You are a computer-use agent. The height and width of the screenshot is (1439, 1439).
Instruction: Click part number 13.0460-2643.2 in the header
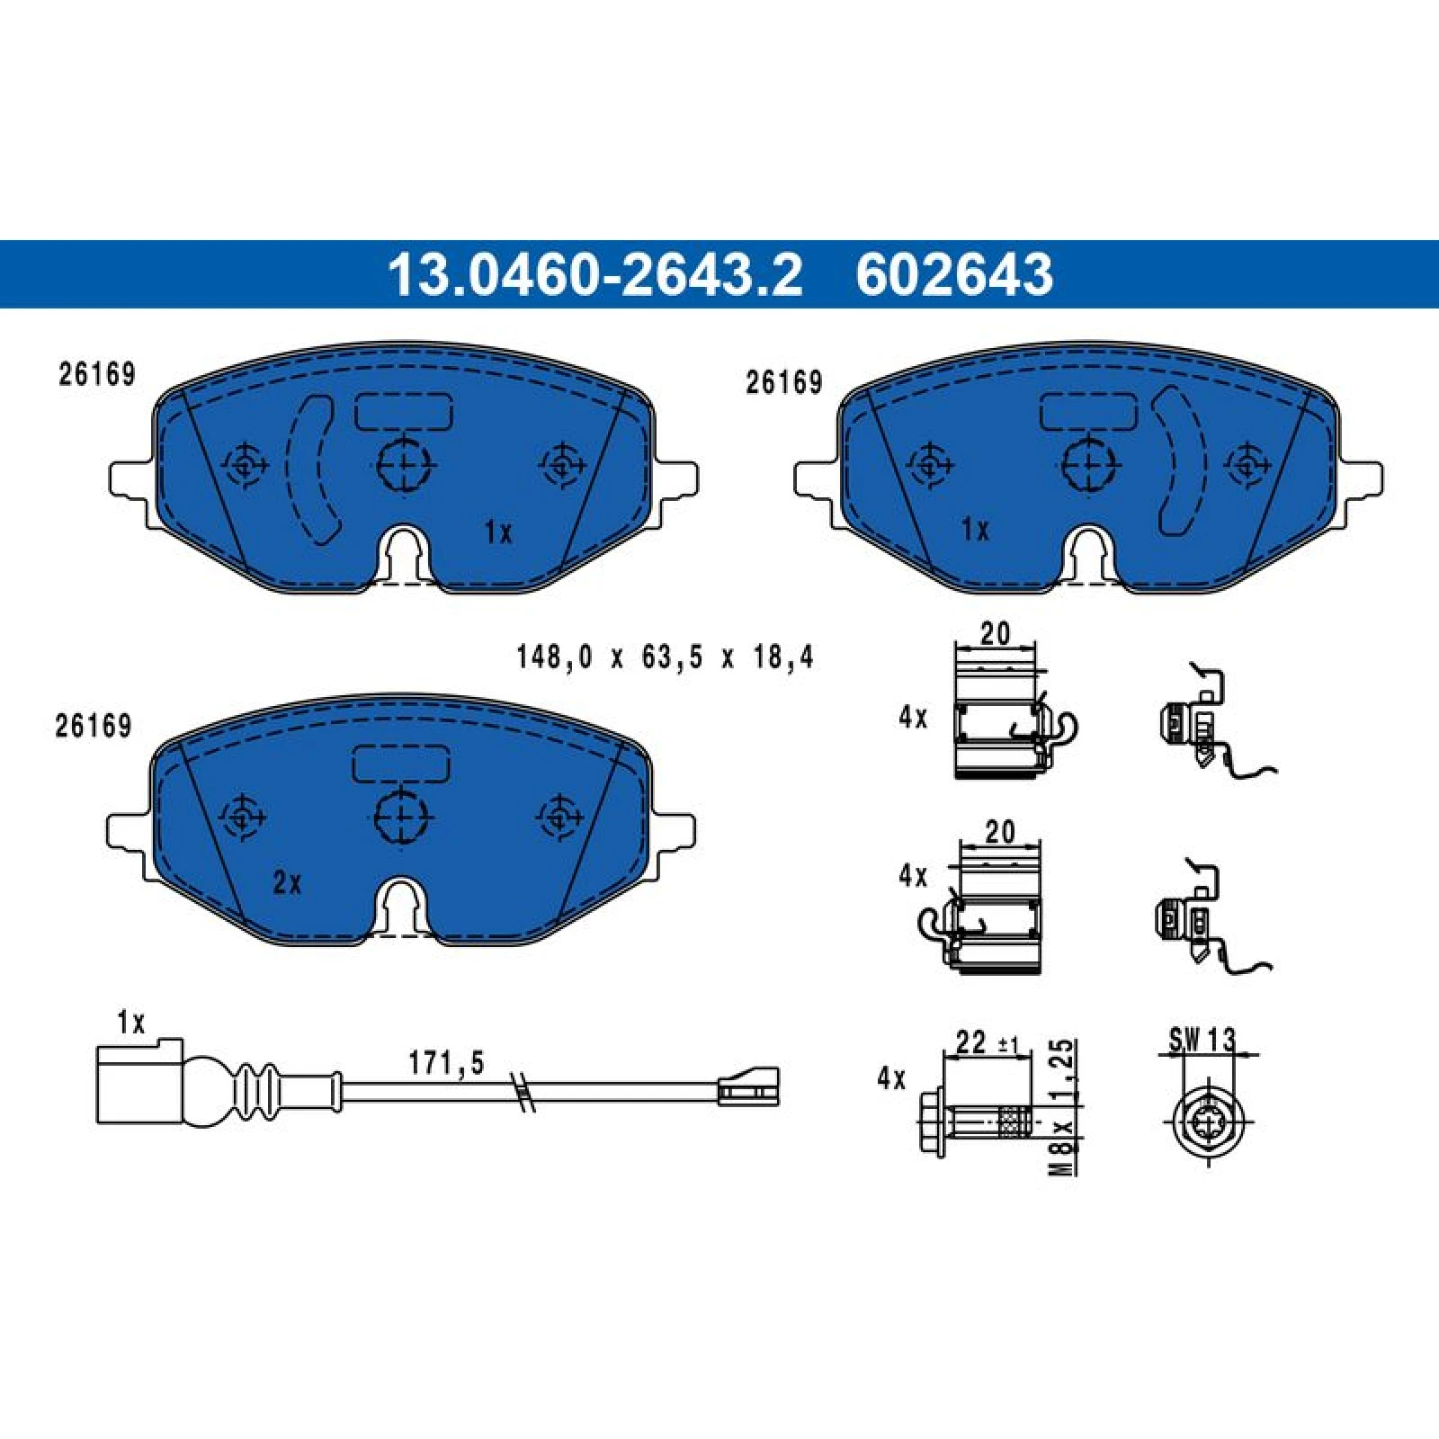594,274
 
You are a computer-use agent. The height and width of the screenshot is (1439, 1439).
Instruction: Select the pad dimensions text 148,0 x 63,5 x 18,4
665,657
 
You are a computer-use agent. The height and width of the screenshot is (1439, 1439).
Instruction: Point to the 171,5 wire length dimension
446,1063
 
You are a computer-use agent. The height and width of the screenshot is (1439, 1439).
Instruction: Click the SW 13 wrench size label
1202,1040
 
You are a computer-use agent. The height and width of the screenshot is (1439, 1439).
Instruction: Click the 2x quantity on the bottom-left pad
287,883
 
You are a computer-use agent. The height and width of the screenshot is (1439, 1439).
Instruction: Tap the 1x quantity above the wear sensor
130,1023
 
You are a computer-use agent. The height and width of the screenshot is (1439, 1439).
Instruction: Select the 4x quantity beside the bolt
891,1077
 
